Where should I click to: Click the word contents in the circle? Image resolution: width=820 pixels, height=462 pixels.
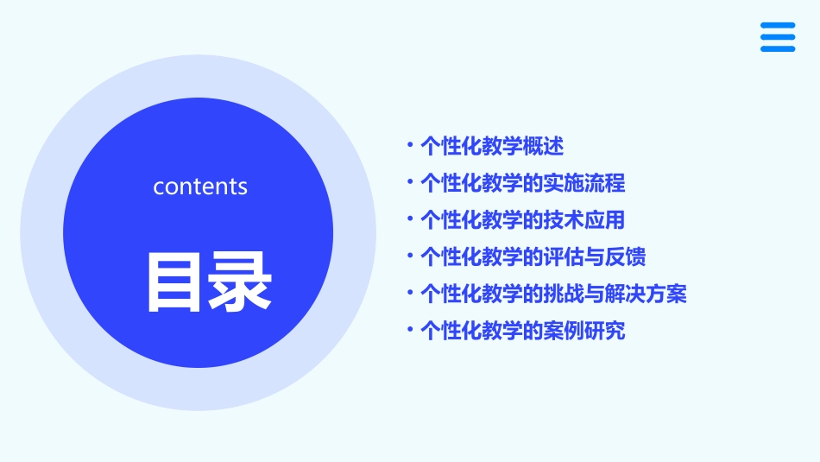200,187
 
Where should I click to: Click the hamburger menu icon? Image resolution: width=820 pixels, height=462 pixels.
778,37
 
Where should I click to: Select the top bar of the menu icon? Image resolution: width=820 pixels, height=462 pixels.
778,25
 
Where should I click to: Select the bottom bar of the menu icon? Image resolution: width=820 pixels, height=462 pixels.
778,49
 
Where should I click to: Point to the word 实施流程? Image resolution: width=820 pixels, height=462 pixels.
584,183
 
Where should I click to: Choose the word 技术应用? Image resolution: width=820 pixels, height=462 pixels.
584,220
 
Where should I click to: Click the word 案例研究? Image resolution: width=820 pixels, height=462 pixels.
584,330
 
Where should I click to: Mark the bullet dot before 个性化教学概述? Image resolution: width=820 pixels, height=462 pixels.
410,147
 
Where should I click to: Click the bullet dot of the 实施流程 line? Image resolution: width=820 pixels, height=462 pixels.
410,183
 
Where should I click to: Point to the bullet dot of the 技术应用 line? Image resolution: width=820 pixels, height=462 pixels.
410,220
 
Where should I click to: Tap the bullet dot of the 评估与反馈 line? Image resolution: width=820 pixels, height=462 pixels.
410,256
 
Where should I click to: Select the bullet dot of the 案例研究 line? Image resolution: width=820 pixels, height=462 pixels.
410,330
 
